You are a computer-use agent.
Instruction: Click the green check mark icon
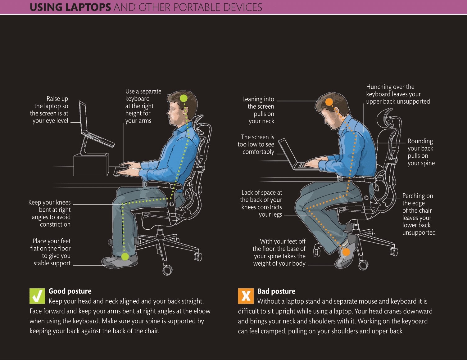(37, 296)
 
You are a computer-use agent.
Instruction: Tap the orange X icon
(246, 296)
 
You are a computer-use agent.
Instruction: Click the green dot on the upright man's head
(184, 98)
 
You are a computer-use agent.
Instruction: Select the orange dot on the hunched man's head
(329, 102)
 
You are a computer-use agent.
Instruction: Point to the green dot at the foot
(125, 257)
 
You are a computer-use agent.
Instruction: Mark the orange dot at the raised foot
(346, 252)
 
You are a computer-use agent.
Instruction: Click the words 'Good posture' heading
(70, 291)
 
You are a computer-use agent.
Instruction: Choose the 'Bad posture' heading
(276, 291)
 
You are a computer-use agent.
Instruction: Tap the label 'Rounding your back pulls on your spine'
(421, 152)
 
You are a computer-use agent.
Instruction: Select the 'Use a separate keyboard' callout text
(143, 106)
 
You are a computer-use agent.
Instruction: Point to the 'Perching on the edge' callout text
(418, 214)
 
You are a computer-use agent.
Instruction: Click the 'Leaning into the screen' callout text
(259, 110)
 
